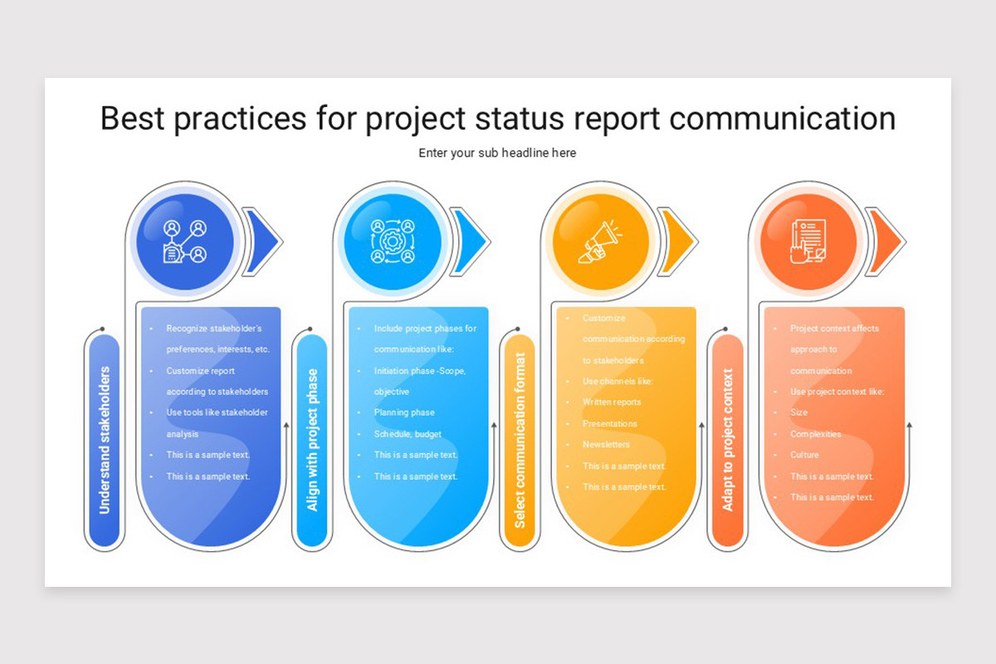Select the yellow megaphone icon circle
tap(601, 242)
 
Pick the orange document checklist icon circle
tap(808, 242)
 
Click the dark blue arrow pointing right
tap(261, 242)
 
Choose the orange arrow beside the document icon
tap(884, 242)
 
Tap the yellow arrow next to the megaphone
tap(676, 242)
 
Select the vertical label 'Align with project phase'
tap(312, 440)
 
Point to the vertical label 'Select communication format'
tap(520, 440)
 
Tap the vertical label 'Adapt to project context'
tap(728, 440)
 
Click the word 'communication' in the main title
tap(782, 118)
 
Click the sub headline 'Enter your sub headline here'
tap(497, 153)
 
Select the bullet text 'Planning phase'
tap(404, 413)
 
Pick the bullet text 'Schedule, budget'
tap(408, 434)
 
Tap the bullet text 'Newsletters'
tap(606, 445)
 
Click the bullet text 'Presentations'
tap(610, 423)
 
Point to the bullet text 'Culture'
tap(804, 455)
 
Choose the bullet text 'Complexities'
tap(815, 434)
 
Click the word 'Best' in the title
tap(133, 118)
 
